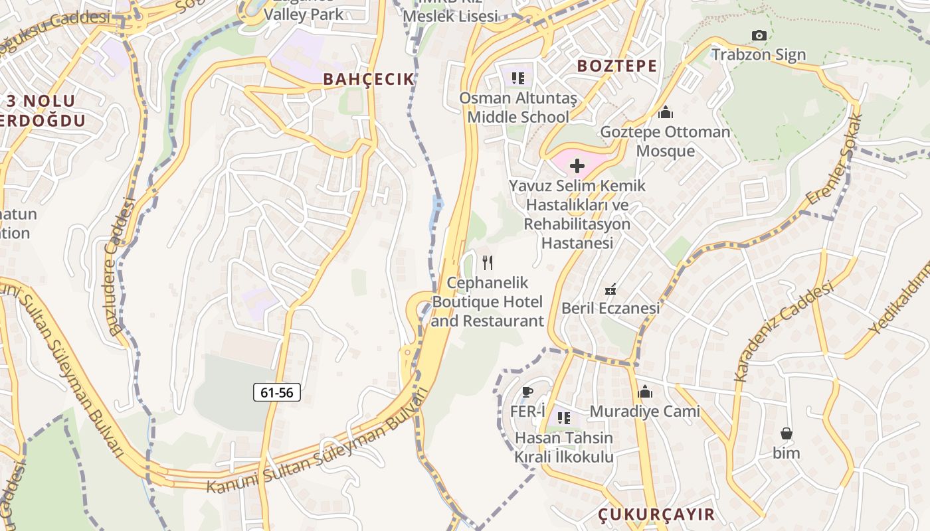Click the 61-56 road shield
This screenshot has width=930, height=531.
tap(277, 392)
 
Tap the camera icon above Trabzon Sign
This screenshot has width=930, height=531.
tap(759, 35)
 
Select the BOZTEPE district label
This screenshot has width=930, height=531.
tap(617, 66)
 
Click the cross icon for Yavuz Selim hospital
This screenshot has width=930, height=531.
tap(577, 165)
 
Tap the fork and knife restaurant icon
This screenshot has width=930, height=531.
tap(488, 263)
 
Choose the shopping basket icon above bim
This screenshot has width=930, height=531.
tap(787, 434)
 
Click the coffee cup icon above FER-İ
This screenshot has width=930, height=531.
tap(527, 392)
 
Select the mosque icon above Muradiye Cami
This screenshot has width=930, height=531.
tap(645, 392)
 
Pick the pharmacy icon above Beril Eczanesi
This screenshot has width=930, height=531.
tap(610, 289)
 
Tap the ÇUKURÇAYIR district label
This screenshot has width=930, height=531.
tap(656, 514)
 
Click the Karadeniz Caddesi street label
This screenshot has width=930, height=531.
tap(783, 332)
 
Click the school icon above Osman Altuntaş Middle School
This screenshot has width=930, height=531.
tap(518, 78)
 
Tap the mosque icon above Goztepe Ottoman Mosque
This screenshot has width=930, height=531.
tap(665, 112)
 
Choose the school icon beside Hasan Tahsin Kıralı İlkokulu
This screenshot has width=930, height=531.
tap(564, 418)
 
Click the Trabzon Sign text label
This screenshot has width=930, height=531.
tap(759, 55)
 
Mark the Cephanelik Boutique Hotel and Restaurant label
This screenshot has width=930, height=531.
tap(488, 302)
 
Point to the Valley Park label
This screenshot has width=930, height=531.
tap(304, 14)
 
